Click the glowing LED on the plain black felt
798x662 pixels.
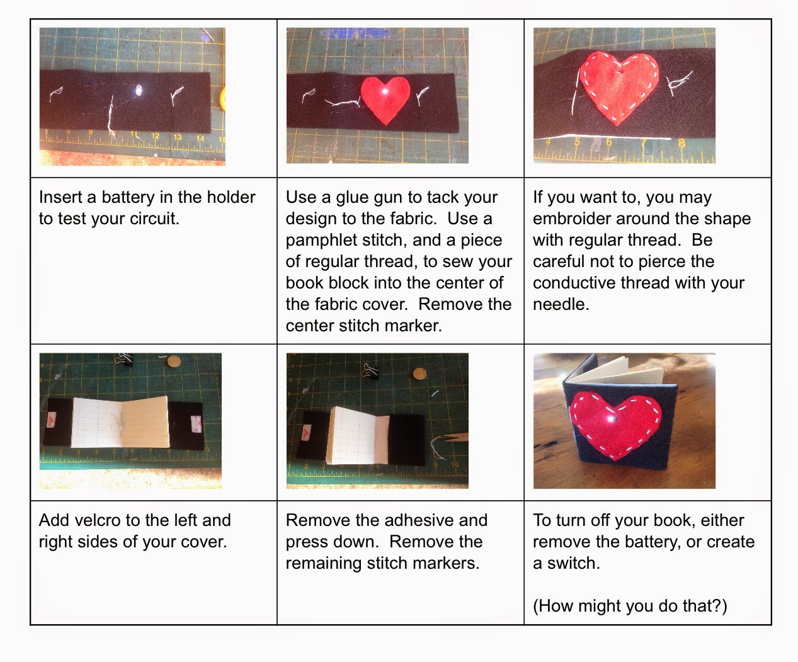tap(139, 91)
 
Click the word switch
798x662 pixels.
tap(574, 563)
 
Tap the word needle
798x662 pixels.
tap(561, 305)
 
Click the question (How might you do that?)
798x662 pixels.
tap(630, 606)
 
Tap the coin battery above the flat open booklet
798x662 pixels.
tap(174, 361)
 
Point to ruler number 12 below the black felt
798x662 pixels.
tap(155, 135)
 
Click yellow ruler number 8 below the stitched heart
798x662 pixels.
tap(681, 142)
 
